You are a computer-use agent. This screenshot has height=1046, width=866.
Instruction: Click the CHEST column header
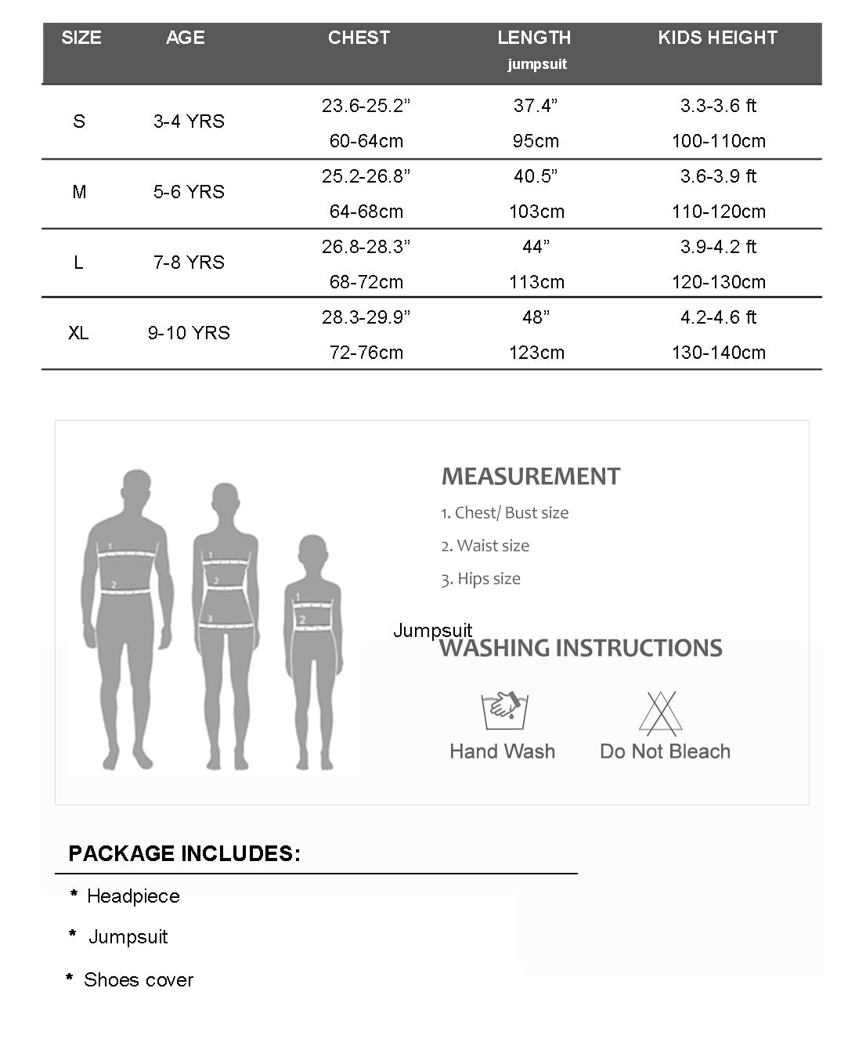(x=359, y=38)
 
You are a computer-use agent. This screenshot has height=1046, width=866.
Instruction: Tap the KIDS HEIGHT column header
(x=717, y=38)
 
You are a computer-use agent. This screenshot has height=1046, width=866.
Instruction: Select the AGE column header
(x=186, y=38)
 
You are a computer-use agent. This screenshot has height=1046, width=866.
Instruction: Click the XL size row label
(x=78, y=333)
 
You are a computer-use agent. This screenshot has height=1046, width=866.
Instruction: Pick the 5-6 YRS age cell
(x=189, y=192)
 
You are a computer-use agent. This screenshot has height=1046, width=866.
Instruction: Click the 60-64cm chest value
(x=366, y=141)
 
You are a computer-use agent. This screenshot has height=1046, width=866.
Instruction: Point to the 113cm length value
(x=536, y=282)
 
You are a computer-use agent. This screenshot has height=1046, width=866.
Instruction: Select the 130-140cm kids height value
(x=718, y=353)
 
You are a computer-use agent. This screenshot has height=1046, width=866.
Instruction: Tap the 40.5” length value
(x=536, y=176)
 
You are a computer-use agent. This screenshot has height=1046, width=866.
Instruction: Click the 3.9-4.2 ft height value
(x=718, y=247)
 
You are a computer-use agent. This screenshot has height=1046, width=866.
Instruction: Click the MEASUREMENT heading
(x=531, y=476)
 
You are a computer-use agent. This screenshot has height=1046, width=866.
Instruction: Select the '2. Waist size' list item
(x=485, y=546)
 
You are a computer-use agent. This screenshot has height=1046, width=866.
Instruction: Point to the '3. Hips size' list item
(x=480, y=579)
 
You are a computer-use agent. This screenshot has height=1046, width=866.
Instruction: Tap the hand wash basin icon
(x=503, y=710)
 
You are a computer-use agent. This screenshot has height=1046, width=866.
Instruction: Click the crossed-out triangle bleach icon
(x=660, y=712)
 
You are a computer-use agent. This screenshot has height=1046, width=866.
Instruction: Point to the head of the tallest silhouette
(x=137, y=490)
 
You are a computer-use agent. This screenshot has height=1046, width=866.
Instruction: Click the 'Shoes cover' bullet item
(x=138, y=980)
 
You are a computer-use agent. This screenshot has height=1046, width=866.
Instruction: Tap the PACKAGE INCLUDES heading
(x=184, y=853)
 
